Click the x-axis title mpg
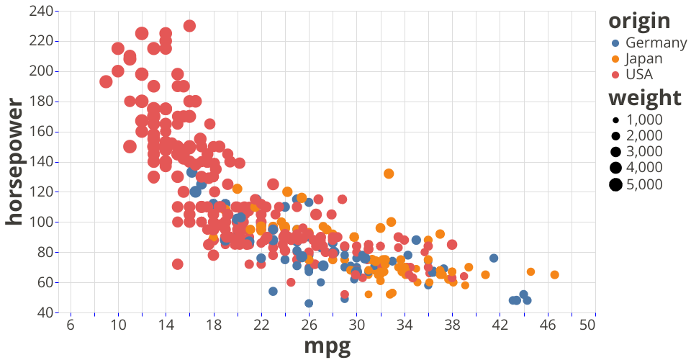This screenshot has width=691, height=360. point(328,346)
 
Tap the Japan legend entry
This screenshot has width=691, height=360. point(643,58)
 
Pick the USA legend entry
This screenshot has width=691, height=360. point(639,74)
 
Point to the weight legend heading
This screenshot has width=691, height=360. point(644,98)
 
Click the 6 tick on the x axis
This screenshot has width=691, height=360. point(71,325)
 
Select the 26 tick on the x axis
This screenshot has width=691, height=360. point(309,325)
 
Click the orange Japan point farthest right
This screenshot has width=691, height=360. point(554,274)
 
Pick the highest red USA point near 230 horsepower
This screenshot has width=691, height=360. point(189,26)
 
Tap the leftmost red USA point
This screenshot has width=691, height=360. point(106,81)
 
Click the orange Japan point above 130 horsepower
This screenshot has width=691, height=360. point(389,174)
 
